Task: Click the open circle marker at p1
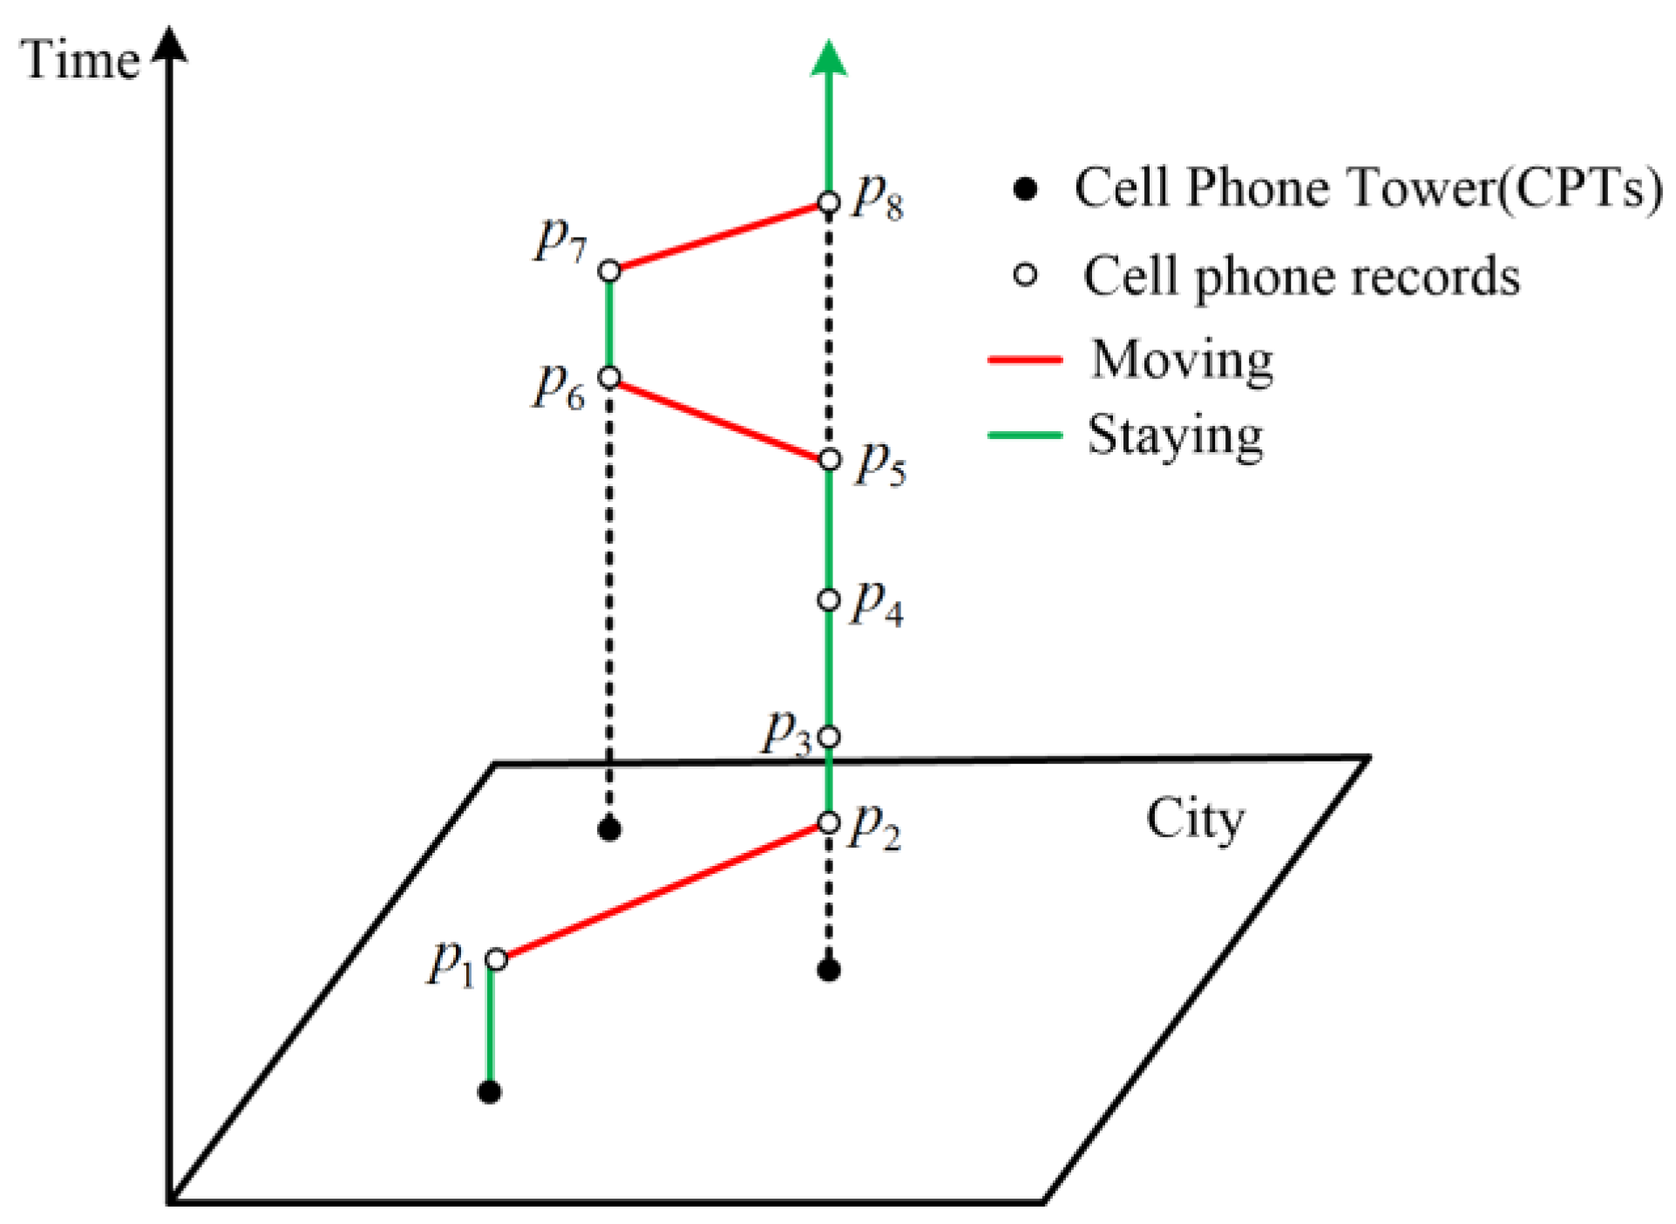coord(496,959)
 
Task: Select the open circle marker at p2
coord(829,822)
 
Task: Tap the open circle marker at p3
coord(829,737)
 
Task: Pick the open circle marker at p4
coord(829,600)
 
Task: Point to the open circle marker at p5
coord(829,459)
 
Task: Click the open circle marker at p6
coord(610,377)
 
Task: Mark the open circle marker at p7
coord(610,271)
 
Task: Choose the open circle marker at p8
coord(829,203)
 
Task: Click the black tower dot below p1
coord(490,1092)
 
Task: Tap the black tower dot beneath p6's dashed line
coord(610,828)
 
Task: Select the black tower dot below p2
coord(829,969)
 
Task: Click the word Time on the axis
coord(80,60)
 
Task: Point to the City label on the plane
coord(1195,820)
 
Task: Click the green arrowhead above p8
coord(829,59)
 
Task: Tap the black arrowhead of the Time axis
coord(170,45)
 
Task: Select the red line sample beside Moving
coord(1025,359)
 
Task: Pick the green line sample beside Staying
coord(1025,435)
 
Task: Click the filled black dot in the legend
coord(1026,188)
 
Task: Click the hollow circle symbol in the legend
coord(1026,275)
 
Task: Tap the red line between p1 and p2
coord(662,891)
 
